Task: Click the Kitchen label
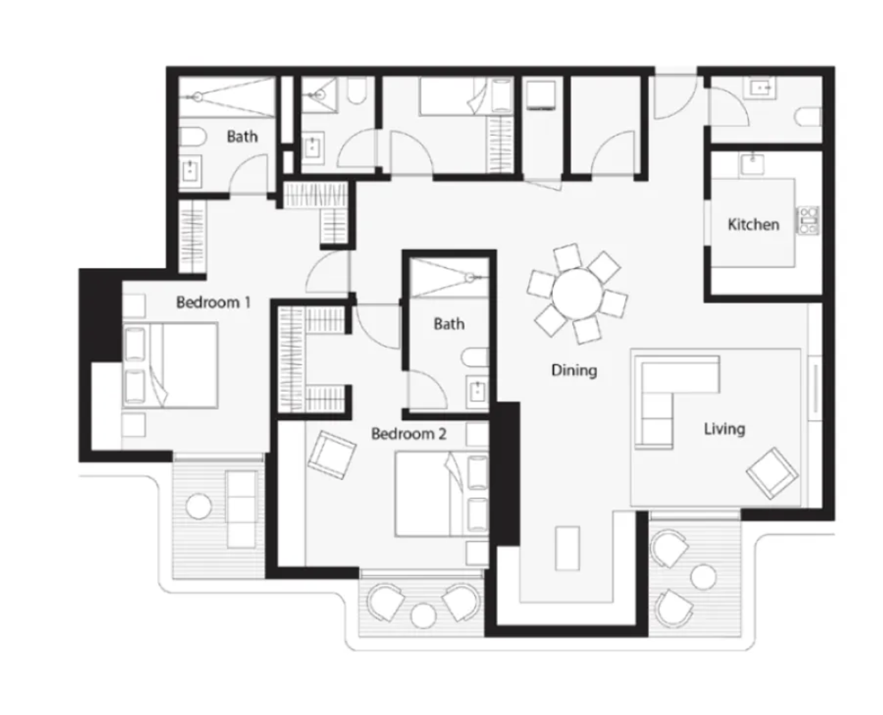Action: pyautogui.click(x=753, y=224)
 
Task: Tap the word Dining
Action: pyautogui.click(x=574, y=370)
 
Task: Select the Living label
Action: pyautogui.click(x=725, y=429)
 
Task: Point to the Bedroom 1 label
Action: pyautogui.click(x=213, y=302)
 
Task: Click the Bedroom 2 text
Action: pyautogui.click(x=409, y=433)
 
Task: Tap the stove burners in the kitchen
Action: pyautogui.click(x=808, y=220)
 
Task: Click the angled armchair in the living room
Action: pyautogui.click(x=772, y=473)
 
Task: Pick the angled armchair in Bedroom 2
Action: pyautogui.click(x=332, y=455)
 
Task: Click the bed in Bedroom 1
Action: pyautogui.click(x=170, y=366)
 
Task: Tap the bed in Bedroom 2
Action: pyautogui.click(x=441, y=494)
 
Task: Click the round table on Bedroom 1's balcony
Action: pyautogui.click(x=199, y=506)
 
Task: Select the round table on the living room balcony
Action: pyautogui.click(x=703, y=577)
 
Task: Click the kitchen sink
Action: pyautogui.click(x=752, y=164)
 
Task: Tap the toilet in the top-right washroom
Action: pyautogui.click(x=809, y=116)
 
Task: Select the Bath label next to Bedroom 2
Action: pyautogui.click(x=449, y=324)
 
